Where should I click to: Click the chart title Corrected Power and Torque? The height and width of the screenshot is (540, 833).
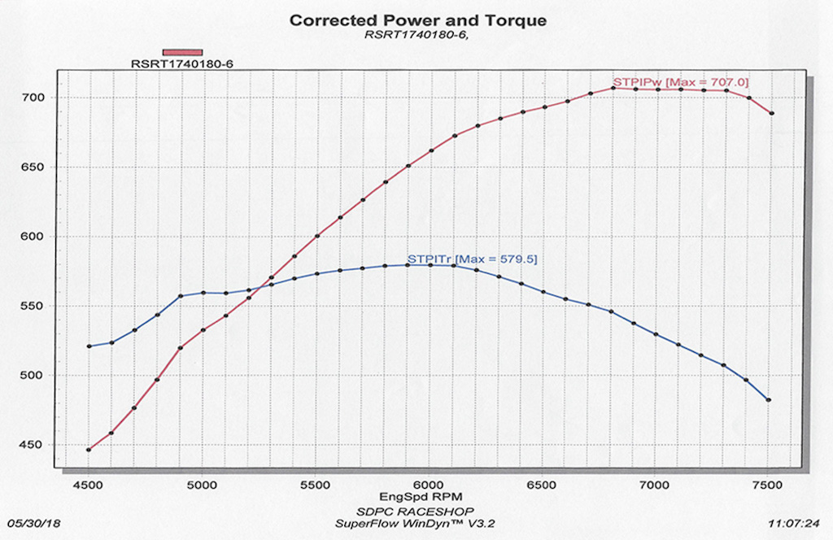(418, 20)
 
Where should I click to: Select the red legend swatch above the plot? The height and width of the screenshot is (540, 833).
(182, 52)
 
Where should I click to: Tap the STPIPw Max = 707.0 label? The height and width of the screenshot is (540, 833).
(680, 81)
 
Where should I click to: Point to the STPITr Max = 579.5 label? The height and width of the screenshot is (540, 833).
(472, 259)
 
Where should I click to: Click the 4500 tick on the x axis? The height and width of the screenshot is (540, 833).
(89, 485)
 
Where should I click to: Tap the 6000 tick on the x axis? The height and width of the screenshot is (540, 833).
(428, 485)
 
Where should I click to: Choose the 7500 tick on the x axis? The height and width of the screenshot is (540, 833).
(768, 485)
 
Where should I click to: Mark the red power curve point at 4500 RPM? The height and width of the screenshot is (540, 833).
(89, 449)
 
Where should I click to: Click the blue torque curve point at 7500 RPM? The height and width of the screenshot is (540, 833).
(768, 400)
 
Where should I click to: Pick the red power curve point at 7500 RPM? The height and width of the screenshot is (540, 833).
(771, 113)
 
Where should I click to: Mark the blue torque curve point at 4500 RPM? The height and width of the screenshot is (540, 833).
(89, 346)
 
